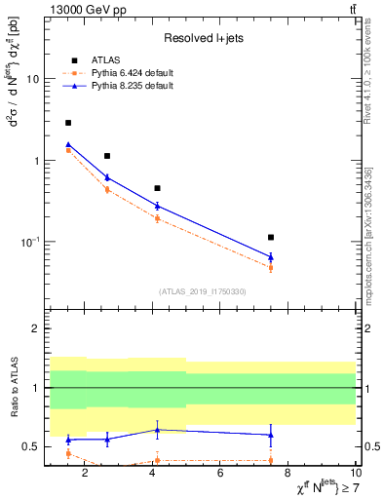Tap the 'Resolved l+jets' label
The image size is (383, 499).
coord(202,38)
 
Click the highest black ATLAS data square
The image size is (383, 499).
coord(68,123)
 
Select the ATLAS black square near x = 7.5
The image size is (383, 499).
coord(271,237)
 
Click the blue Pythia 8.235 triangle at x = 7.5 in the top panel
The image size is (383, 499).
coord(271,257)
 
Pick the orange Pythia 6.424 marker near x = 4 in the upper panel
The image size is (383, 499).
coord(157,218)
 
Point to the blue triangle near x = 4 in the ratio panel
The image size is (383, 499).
coord(157,429)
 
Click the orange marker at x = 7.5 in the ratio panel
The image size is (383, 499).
coord(271,460)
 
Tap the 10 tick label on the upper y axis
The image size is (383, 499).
coord(33,79)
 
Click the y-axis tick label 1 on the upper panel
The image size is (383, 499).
coord(37,161)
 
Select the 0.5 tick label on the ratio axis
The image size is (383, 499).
coord(31,447)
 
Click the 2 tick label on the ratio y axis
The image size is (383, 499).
coord(37,328)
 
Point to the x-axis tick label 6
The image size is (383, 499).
coord(220,475)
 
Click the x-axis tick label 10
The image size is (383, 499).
coord(355,475)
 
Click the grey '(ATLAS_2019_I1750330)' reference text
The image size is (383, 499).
coord(203,291)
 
